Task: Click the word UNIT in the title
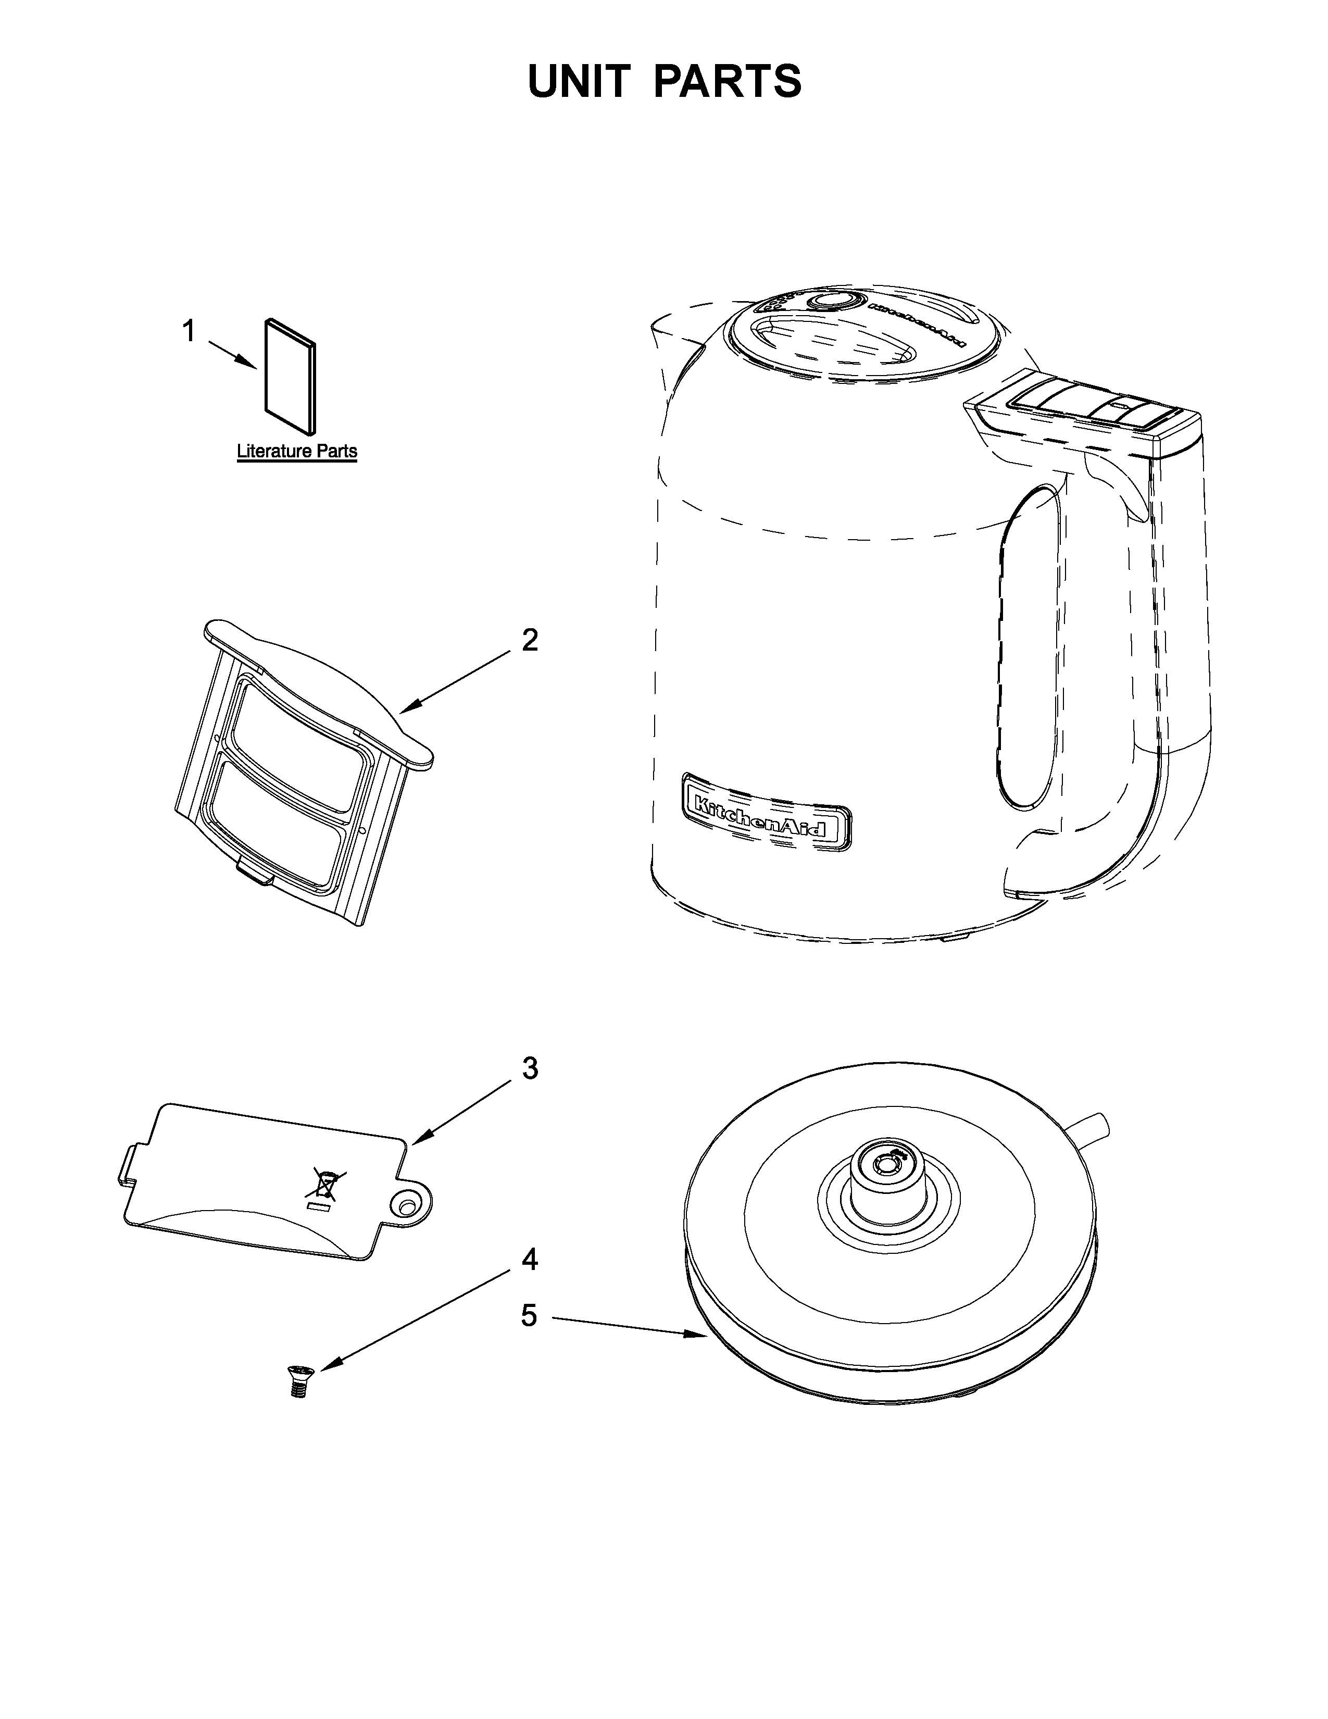click(579, 81)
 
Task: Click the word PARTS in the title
click(728, 81)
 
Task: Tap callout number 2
click(530, 640)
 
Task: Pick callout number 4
click(530, 1260)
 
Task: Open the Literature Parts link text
click(297, 451)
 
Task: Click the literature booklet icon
click(290, 376)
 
